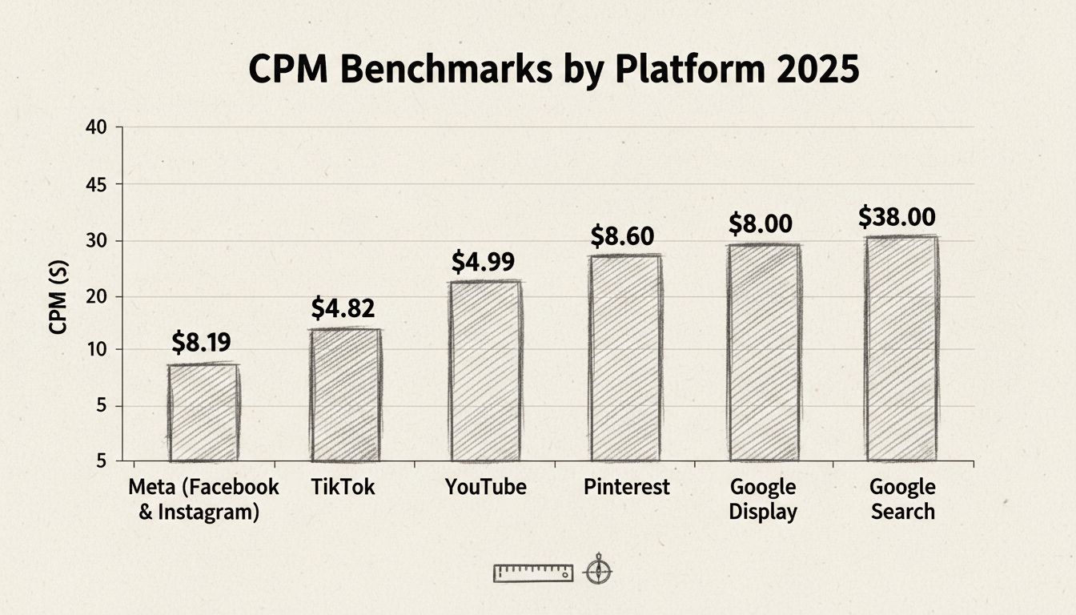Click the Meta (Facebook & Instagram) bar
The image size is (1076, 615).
(x=203, y=412)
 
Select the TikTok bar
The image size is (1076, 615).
(x=346, y=395)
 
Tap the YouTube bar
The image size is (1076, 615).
(x=485, y=371)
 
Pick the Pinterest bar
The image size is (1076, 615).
(x=625, y=358)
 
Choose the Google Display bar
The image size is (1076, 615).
(x=764, y=352)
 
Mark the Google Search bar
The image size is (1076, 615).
(x=901, y=348)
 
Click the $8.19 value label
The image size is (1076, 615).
(x=201, y=343)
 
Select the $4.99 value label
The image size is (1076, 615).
(x=483, y=262)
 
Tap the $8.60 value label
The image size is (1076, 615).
(x=622, y=236)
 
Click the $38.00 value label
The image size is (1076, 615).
(x=897, y=217)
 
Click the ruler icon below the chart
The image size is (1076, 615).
(x=533, y=573)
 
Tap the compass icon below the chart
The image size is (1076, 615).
(x=598, y=571)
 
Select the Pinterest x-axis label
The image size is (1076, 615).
(x=626, y=487)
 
